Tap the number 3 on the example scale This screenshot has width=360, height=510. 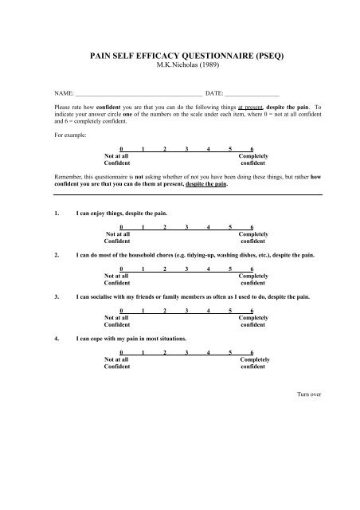[186, 149]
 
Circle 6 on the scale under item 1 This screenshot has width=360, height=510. [252, 227]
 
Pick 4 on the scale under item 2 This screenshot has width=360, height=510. [208, 269]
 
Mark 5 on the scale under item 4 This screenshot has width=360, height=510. [230, 351]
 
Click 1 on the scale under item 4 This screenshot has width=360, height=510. [143, 351]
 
